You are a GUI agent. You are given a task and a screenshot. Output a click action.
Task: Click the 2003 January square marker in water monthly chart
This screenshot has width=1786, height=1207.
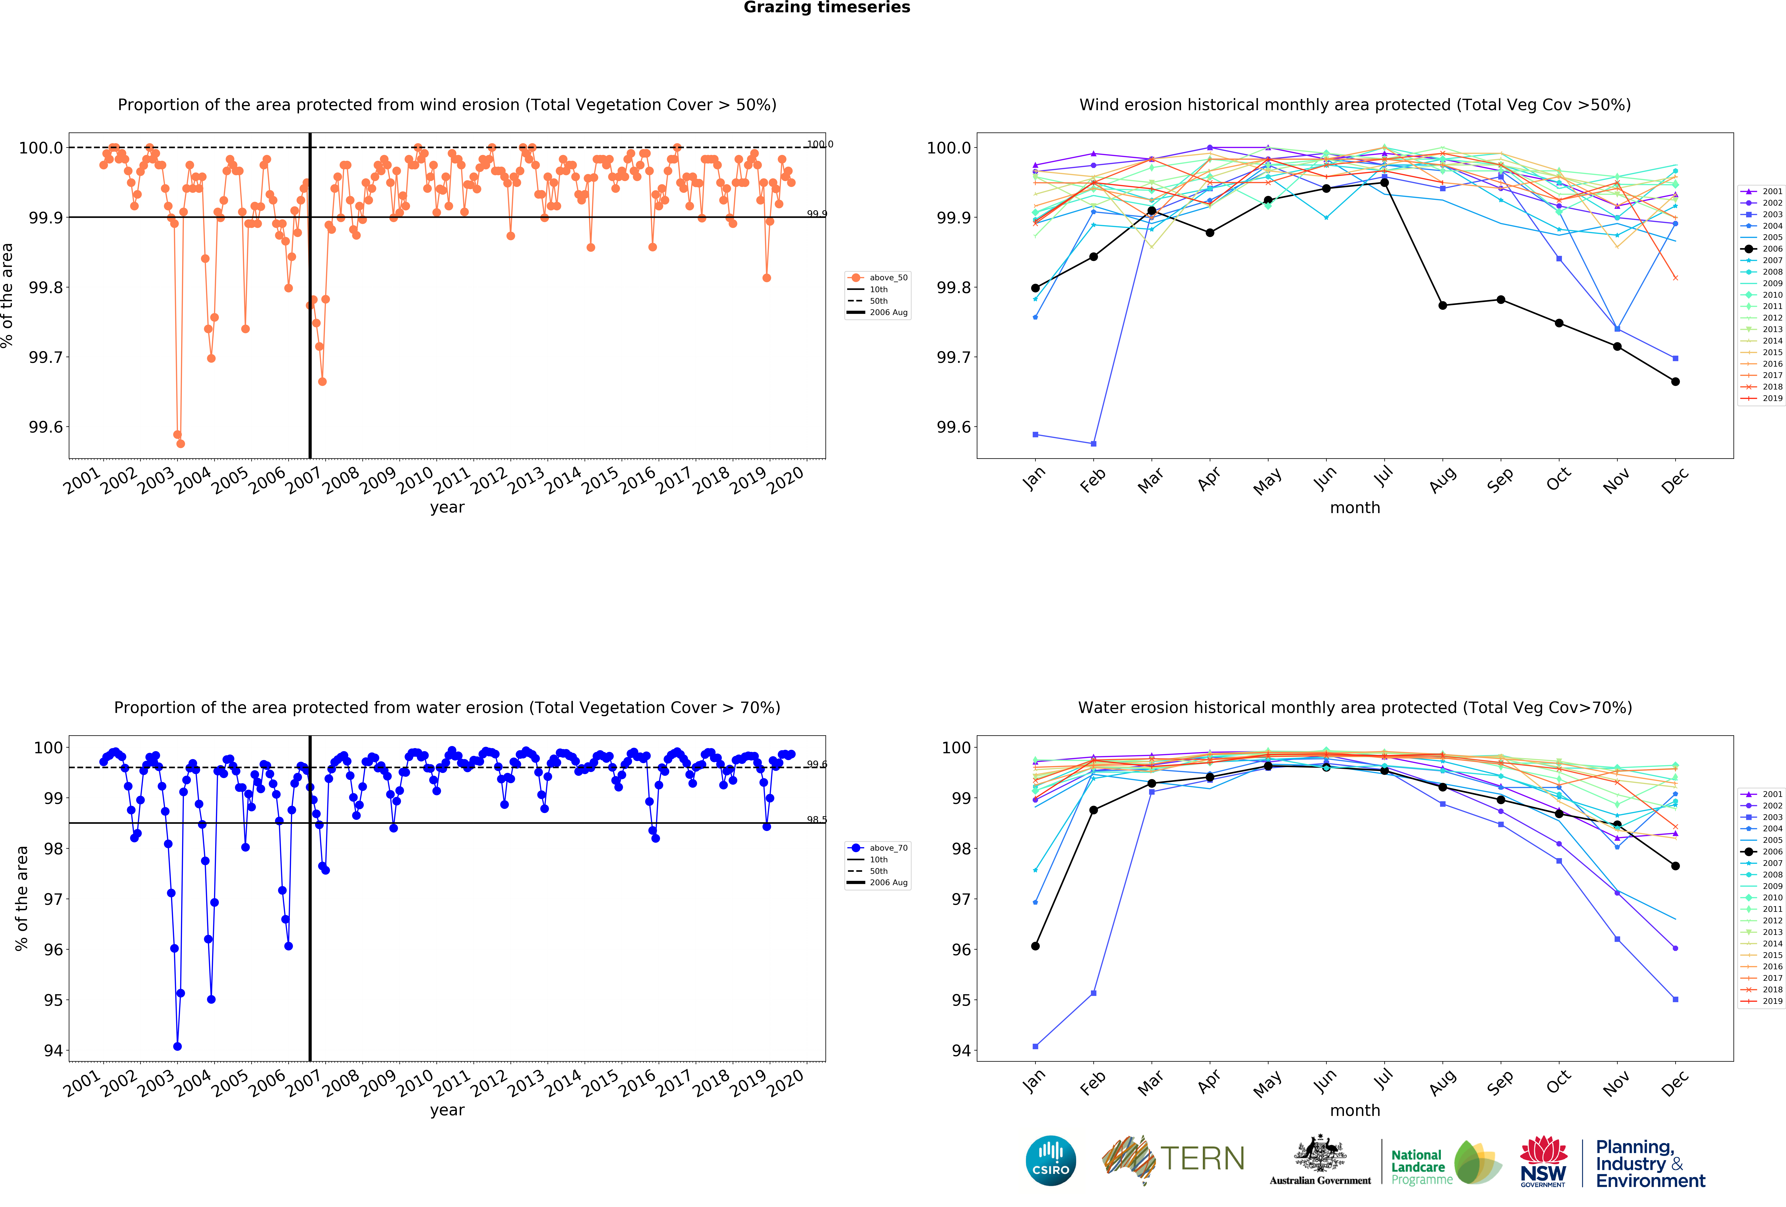point(1035,1046)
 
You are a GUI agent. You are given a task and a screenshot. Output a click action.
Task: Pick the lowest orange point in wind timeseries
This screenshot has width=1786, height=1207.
point(181,444)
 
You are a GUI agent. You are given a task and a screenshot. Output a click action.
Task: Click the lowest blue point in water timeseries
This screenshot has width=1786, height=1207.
point(178,1046)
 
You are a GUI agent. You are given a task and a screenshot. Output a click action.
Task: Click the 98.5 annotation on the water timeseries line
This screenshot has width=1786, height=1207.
point(816,820)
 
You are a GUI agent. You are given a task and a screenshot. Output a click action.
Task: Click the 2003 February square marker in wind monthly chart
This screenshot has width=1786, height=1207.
point(1094,444)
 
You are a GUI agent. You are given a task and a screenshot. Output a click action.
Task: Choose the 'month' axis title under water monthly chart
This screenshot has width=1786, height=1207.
point(1355,1110)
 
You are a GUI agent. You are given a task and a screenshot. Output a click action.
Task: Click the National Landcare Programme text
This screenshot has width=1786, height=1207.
point(1421,1167)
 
